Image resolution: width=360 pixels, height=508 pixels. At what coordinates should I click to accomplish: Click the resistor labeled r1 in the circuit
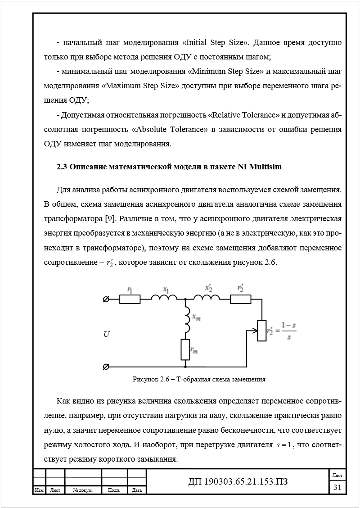point(130,299)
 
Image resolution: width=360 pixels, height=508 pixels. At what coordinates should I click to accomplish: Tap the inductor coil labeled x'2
point(207,297)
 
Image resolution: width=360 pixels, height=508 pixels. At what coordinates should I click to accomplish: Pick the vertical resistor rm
point(185,349)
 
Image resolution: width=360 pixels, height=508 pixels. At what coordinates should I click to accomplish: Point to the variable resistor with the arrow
point(261,331)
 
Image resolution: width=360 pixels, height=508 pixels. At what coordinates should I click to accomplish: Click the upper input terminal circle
point(106,299)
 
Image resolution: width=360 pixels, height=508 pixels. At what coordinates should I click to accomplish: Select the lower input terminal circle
point(106,367)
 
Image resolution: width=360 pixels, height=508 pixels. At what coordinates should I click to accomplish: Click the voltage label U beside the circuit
point(106,334)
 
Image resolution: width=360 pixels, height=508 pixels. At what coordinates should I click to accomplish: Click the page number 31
point(337,487)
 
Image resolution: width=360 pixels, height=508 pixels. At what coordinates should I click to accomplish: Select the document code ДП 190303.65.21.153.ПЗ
point(238,482)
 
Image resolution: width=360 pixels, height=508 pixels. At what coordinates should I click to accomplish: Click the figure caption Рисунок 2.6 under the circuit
point(198,379)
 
